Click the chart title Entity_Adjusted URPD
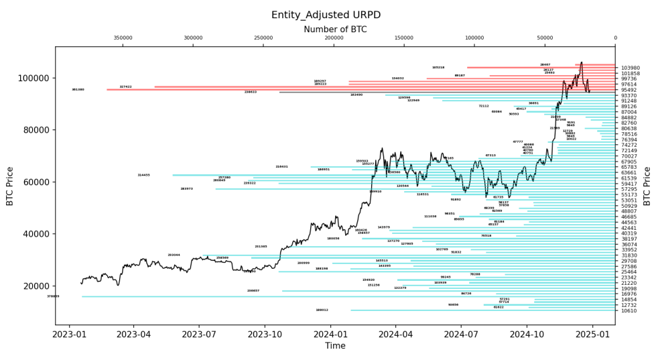(x=328, y=15)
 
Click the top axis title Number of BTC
(x=335, y=29)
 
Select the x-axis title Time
(x=335, y=345)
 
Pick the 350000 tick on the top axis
(x=123, y=38)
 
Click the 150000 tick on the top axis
(x=404, y=38)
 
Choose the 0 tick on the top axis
(x=615, y=38)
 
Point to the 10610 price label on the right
(x=629, y=310)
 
